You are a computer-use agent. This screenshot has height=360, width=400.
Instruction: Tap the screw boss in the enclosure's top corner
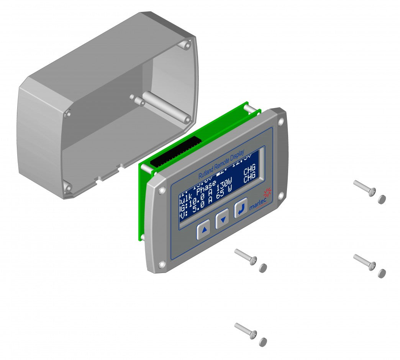click(186, 45)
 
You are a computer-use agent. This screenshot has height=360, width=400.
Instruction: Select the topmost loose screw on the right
click(364, 188)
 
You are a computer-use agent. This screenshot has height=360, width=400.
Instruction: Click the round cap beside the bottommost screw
click(263, 342)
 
